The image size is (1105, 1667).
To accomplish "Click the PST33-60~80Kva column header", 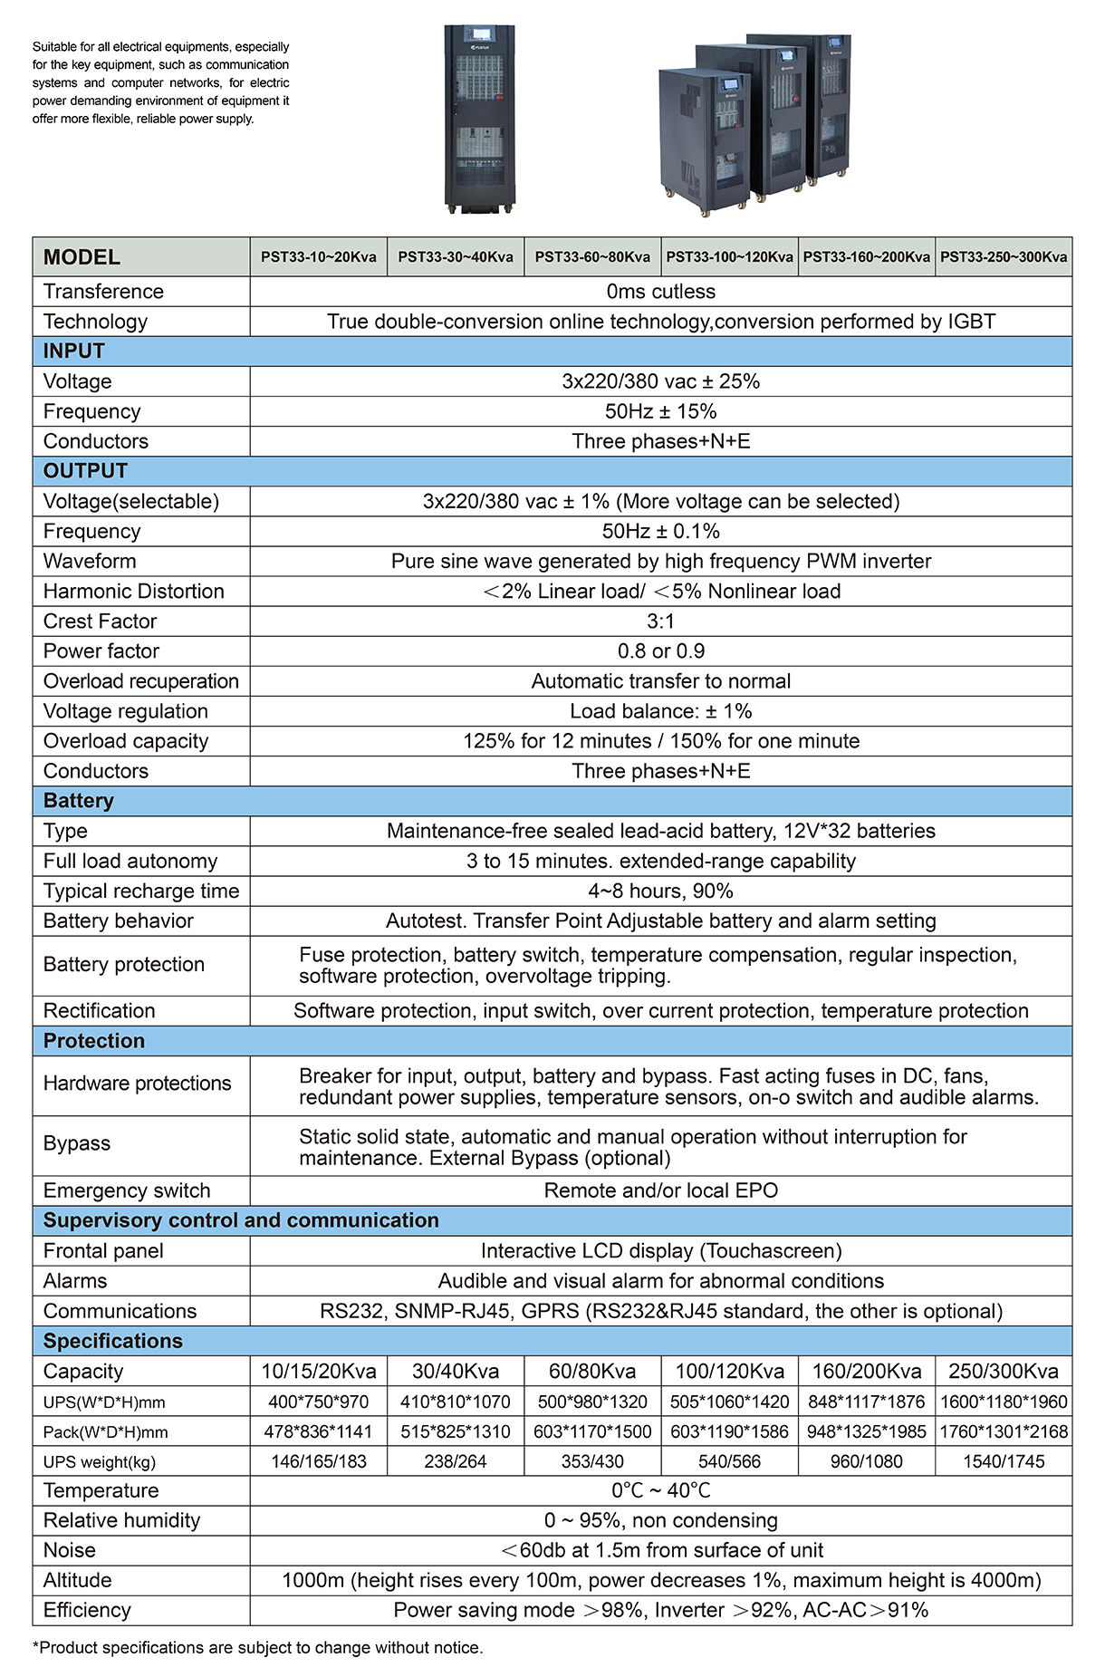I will (x=592, y=257).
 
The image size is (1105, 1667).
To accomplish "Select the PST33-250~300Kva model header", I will (x=1004, y=257).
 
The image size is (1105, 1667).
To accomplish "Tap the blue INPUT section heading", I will (x=74, y=352).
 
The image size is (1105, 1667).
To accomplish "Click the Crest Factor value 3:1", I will (x=660, y=622).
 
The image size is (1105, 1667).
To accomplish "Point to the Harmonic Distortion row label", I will (x=133, y=592).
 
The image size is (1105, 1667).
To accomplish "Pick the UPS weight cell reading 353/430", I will (x=592, y=1461).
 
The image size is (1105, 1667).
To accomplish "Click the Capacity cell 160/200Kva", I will (x=866, y=1372).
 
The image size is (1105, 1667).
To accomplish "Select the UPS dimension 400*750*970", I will (x=318, y=1402).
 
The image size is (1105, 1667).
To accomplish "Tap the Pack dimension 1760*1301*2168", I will (x=1004, y=1432).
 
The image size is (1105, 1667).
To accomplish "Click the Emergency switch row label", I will (x=127, y=1191).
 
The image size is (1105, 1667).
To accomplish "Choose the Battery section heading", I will (x=79, y=801).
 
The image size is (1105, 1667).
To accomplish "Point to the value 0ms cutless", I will (x=660, y=292).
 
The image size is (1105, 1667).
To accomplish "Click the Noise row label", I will (x=70, y=1550).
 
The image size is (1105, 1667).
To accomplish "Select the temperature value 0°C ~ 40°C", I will (x=660, y=1490).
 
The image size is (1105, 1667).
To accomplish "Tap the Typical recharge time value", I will (x=660, y=891).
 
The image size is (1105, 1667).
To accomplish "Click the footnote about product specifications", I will (x=257, y=1647).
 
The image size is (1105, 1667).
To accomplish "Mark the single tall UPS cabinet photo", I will (x=479, y=118).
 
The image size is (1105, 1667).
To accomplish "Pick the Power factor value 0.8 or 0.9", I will (x=660, y=651).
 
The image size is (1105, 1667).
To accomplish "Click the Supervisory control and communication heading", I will (x=241, y=1220).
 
